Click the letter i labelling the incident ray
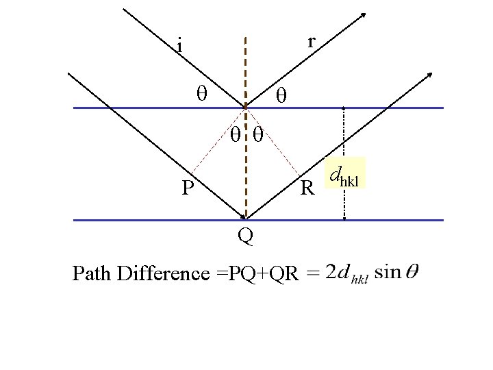(x=179, y=47)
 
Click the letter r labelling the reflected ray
(x=311, y=42)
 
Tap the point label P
(x=188, y=187)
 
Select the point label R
(x=308, y=187)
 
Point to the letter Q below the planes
(x=245, y=236)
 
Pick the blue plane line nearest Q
(x=137, y=220)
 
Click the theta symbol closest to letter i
(x=201, y=92)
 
